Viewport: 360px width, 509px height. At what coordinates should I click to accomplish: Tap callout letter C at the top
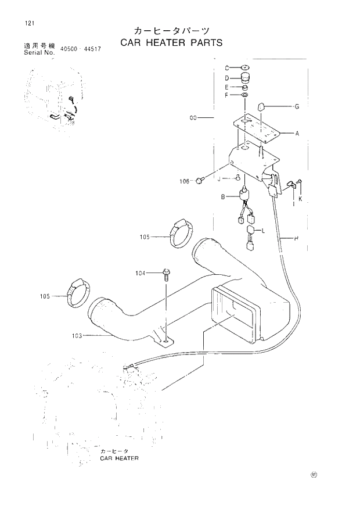pos(228,67)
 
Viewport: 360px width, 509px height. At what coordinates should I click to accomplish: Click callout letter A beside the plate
pos(297,134)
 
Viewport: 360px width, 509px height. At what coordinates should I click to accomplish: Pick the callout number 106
pos(185,181)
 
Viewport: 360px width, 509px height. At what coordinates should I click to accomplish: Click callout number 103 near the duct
pos(77,335)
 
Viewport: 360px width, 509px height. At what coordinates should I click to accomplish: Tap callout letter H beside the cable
pos(297,238)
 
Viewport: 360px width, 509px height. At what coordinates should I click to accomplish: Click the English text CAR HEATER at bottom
pos(119,458)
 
